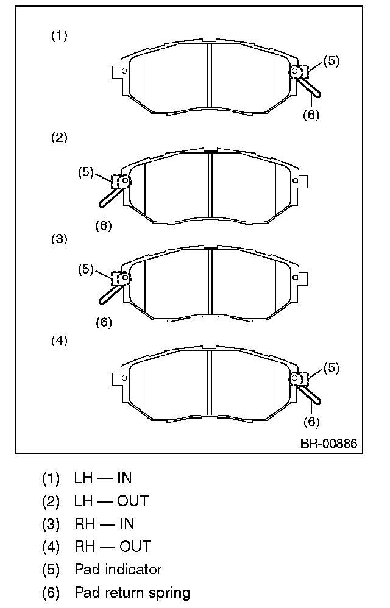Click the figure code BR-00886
click(328, 443)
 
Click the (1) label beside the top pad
click(59, 36)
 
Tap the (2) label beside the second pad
click(59, 138)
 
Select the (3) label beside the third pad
click(59, 239)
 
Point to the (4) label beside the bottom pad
click(59, 341)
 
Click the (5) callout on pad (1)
click(331, 61)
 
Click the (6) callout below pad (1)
click(311, 114)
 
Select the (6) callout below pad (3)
click(104, 322)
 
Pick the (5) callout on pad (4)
click(331, 368)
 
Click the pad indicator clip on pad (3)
click(121, 278)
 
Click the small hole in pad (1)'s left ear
click(124, 71)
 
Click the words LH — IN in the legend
click(103, 478)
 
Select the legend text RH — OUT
click(113, 546)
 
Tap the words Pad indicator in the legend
click(118, 570)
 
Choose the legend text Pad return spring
click(132, 592)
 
